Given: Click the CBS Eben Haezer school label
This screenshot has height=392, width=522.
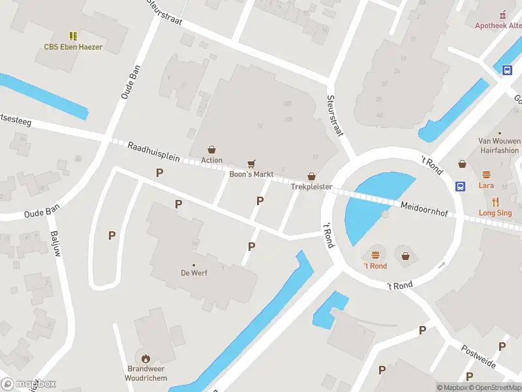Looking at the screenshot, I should pos(73,47).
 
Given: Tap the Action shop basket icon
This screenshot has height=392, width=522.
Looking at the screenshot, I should pos(211,150).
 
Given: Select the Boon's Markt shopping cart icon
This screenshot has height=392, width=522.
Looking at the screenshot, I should pos(251,163).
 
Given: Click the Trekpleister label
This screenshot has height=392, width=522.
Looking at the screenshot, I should pos(312,188).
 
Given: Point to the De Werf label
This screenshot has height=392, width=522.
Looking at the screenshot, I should pos(194,273).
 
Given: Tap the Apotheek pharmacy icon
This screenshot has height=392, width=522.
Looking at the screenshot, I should pos(502,14).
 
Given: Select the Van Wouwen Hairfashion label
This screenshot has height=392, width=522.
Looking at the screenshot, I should pos(499,145).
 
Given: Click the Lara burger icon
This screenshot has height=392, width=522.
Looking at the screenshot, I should pos(486,174).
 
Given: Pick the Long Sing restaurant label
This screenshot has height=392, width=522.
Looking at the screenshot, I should pos(495,213).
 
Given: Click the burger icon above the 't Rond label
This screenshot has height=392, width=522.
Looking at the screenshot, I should pos(375,255).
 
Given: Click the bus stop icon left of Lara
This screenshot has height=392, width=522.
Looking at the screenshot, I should pos(460,186).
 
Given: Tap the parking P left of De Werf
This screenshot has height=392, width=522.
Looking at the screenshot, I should pos(112,235).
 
